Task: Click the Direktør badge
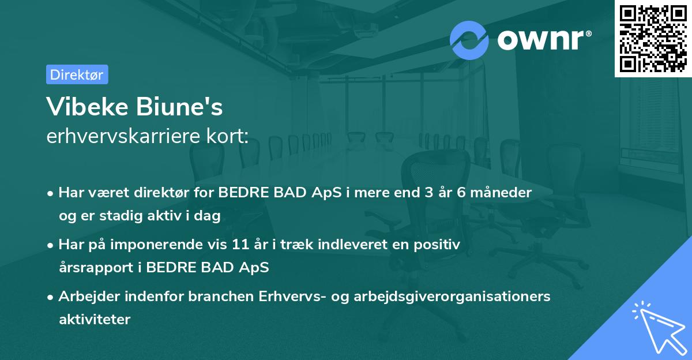pyautogui.click(x=77, y=74)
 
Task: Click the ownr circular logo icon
pyautogui.click(x=469, y=40)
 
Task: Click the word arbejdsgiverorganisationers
pyautogui.click(x=450, y=297)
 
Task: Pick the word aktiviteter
pyautogui.click(x=95, y=319)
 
